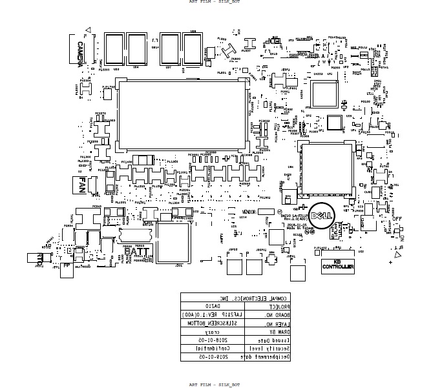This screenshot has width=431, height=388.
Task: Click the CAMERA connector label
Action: click(79, 54)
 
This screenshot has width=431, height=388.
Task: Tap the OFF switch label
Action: click(396, 219)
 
